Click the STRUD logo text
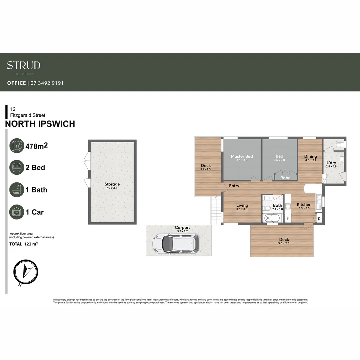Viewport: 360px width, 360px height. click(24, 65)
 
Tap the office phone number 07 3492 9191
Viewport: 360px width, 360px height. click(47, 83)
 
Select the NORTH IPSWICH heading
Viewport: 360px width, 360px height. click(40, 124)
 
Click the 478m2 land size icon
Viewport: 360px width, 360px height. click(17, 146)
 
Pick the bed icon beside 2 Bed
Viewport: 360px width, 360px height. click(17, 167)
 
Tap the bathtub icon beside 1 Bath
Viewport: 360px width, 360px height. click(17, 190)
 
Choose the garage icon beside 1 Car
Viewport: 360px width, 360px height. click(17, 212)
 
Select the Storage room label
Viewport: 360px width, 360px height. click(112, 184)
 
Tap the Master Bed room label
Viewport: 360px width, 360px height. click(242, 156)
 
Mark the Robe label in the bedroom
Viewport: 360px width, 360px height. click(285, 178)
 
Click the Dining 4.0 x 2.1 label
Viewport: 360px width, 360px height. click(310, 158)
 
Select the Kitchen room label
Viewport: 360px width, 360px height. click(304, 204)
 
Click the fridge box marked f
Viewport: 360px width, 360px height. click(288, 218)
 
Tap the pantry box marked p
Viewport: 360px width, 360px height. click(319, 218)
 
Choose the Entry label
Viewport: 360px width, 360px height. click(234, 186)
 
